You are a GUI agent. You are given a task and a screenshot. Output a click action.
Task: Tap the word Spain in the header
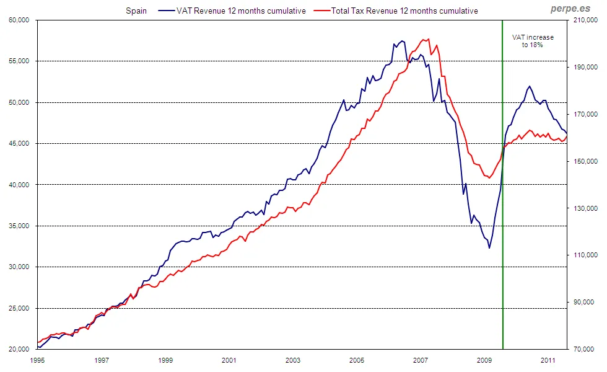pyautogui.click(x=136, y=11)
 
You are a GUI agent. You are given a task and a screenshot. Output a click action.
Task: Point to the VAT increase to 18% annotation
pyautogui.click(x=533, y=41)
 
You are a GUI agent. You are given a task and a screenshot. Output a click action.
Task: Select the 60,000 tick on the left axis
pyautogui.click(x=20, y=20)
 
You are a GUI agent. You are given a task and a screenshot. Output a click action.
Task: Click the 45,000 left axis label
pyautogui.click(x=20, y=144)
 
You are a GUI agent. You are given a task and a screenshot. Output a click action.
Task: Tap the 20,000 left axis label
pyautogui.click(x=20, y=350)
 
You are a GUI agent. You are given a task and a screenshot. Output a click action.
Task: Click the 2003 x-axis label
pyautogui.click(x=293, y=360)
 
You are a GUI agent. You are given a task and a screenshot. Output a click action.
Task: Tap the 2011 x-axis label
pyautogui.click(x=548, y=360)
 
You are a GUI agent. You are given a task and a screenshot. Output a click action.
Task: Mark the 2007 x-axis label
pyautogui.click(x=421, y=360)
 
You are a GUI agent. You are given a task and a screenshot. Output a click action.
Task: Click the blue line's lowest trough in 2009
pyautogui.click(x=489, y=248)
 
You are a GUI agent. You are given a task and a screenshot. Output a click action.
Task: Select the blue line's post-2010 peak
pyautogui.click(x=530, y=86)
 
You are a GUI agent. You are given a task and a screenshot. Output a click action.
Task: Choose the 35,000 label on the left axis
pyautogui.click(x=20, y=226)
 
